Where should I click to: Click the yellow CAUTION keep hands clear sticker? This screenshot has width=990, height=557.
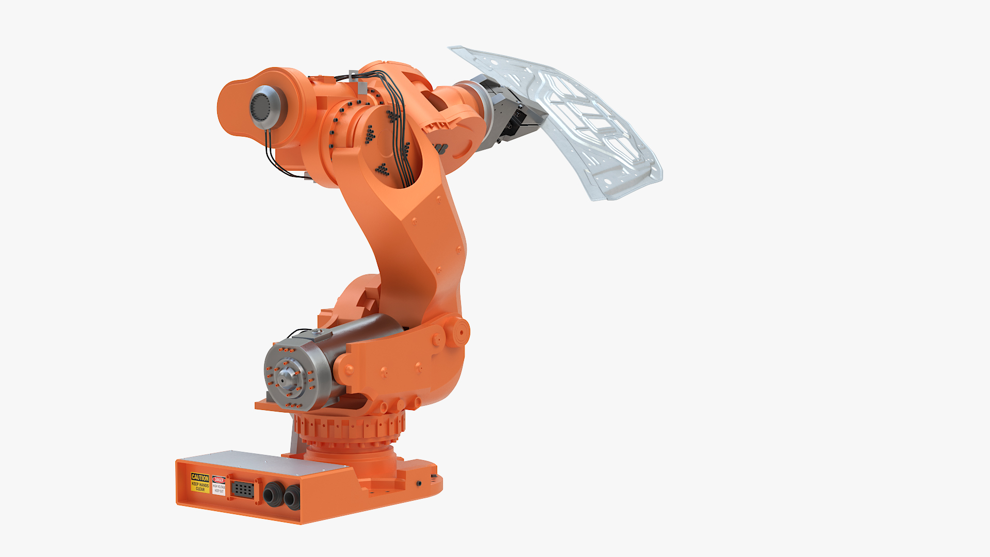tap(200, 483)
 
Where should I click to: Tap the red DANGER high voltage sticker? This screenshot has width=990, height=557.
tap(219, 485)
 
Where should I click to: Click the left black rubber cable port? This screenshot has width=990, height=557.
tap(272, 496)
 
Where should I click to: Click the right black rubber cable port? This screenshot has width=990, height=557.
tap(291, 497)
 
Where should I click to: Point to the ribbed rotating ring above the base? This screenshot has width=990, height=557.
tap(351, 428)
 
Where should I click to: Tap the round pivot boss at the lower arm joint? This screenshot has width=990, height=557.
tap(458, 332)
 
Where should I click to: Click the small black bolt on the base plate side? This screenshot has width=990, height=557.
tap(419, 484)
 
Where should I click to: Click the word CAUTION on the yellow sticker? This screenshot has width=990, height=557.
tap(200, 478)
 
